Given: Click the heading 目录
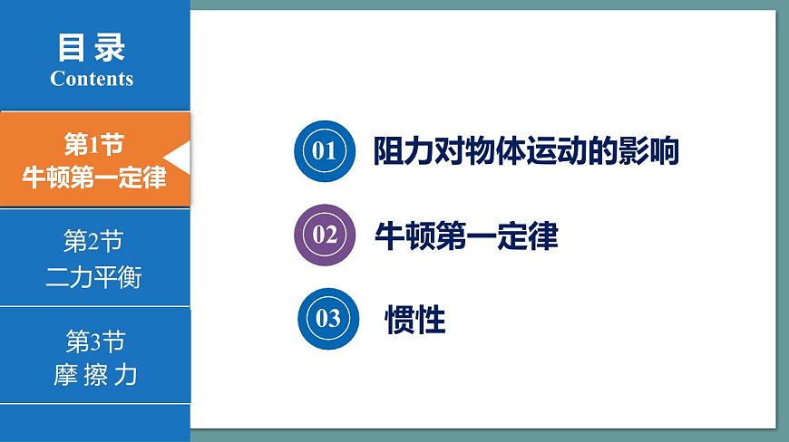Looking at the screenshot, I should pyautogui.click(x=92, y=47).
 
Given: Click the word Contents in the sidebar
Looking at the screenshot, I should pyautogui.click(x=92, y=79).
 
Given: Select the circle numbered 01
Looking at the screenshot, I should pyautogui.click(x=323, y=150).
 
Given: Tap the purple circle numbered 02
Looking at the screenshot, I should pyautogui.click(x=324, y=235).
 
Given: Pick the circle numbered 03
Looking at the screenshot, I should pyautogui.click(x=327, y=318).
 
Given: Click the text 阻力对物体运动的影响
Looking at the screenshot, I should pyautogui.click(x=526, y=151).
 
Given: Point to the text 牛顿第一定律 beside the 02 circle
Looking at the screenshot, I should pyautogui.click(x=466, y=235).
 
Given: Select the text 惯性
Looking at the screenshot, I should pyautogui.click(x=415, y=320).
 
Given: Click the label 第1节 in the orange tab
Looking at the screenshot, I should pyautogui.click(x=93, y=143).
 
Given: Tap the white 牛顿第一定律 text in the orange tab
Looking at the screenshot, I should pyautogui.click(x=94, y=177).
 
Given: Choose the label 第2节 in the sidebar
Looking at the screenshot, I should pyautogui.click(x=93, y=242).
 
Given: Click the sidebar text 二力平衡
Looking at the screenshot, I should pyautogui.click(x=93, y=276).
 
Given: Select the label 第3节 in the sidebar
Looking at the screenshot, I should pyautogui.click(x=95, y=341).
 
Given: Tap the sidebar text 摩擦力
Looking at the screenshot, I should pyautogui.click(x=95, y=374).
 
